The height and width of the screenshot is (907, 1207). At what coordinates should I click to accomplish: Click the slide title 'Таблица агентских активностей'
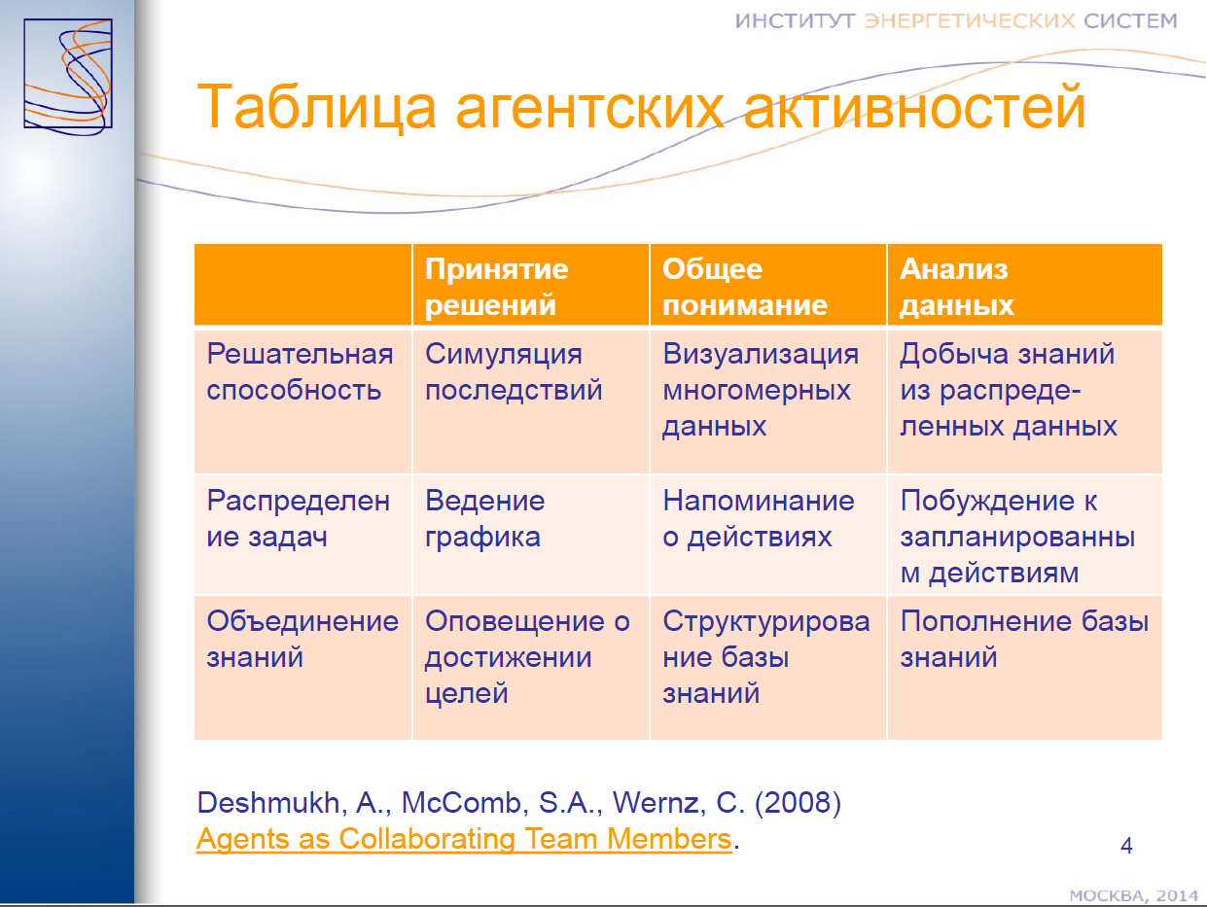[x=641, y=107]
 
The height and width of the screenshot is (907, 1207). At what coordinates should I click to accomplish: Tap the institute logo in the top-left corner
[x=68, y=75]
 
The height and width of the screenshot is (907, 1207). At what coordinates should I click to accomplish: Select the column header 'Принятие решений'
[x=497, y=287]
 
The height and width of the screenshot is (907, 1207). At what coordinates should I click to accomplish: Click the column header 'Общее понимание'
[x=745, y=287]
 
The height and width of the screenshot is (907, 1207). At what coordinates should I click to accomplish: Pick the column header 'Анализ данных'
[x=956, y=287]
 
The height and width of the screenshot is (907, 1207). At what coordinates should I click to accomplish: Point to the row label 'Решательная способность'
[x=300, y=372]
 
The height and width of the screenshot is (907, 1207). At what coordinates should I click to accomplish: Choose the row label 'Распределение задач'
[x=299, y=518]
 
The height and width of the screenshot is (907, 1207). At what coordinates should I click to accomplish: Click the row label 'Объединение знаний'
[x=302, y=639]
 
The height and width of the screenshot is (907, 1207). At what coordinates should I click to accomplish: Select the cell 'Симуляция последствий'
[x=514, y=372]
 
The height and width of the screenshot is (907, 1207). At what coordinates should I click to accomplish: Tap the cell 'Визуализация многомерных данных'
[x=761, y=390]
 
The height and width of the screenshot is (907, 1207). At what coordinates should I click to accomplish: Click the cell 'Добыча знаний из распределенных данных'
[x=1009, y=390]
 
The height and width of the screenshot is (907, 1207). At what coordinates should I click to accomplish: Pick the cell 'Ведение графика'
[x=484, y=518]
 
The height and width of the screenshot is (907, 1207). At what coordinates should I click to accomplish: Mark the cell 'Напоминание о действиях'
[x=759, y=518]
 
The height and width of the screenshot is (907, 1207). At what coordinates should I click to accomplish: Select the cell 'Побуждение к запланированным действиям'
[x=1017, y=537]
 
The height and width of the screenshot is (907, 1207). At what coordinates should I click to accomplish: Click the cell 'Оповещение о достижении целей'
[x=527, y=657]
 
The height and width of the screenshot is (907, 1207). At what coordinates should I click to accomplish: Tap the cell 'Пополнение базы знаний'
[x=1024, y=639]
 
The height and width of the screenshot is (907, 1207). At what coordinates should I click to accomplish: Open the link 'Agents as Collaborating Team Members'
[x=464, y=839]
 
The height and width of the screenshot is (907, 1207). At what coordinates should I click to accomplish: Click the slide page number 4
[x=1126, y=846]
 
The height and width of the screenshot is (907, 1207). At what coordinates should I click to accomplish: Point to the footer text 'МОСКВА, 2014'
[x=1134, y=895]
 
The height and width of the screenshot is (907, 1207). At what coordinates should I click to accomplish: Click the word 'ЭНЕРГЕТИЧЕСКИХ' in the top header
[x=970, y=20]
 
